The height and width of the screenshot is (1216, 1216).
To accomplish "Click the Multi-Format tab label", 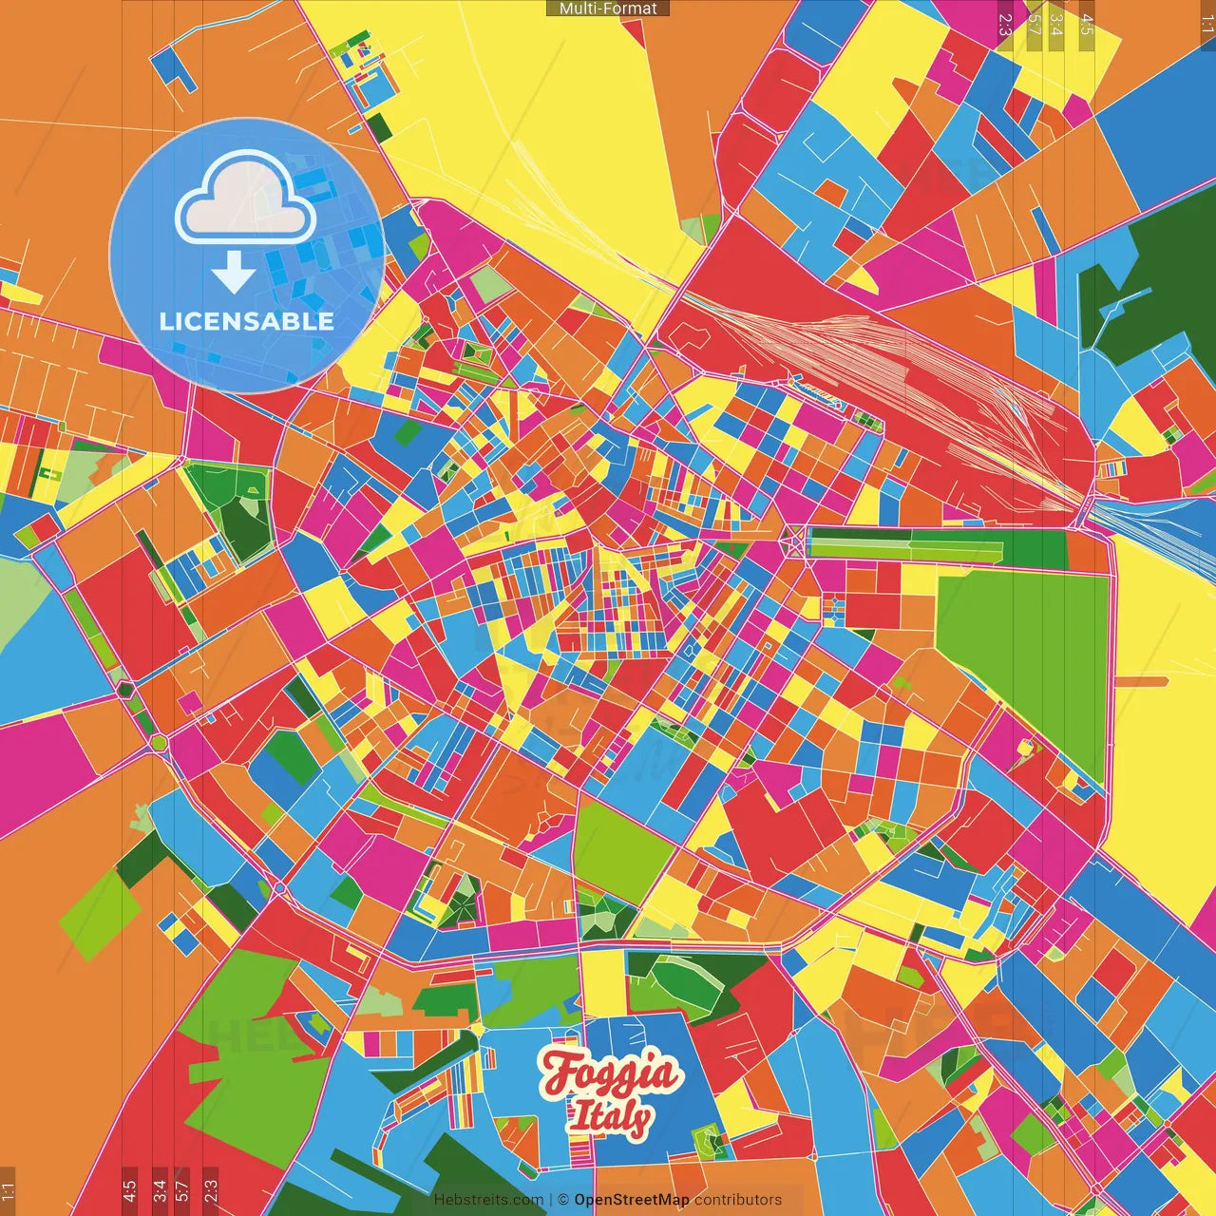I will [x=608, y=9].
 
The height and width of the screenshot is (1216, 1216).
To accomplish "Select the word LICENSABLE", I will [x=246, y=321].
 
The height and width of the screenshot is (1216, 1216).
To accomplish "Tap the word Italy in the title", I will [x=609, y=1117].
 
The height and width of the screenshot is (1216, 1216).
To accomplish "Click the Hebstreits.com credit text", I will [x=488, y=1200].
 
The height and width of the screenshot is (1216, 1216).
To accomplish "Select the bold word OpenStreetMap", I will [x=631, y=1200].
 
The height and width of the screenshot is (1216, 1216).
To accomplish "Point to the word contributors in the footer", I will [x=738, y=1200].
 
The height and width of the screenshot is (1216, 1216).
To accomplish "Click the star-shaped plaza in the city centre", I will [x=791, y=543].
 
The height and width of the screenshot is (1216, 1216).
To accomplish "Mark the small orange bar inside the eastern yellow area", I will [x=1140, y=681].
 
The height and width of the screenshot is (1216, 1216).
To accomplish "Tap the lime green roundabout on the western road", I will [x=159, y=741].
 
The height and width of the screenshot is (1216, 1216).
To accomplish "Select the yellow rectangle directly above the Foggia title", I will [x=602, y=982].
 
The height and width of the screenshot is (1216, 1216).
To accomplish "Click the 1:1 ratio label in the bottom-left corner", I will [x=8, y=1189].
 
